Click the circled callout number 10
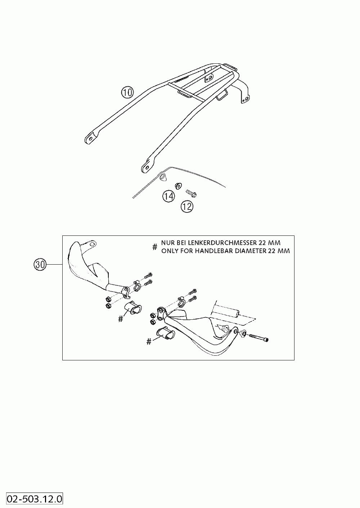pos(127,93)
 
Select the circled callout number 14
pos(168,196)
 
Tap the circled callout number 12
pos(187,206)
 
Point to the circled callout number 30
pos(40,265)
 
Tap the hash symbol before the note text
pos(155,247)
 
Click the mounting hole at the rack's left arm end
pos(90,138)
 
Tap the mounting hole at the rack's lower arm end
pos(145,167)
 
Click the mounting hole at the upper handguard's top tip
pos(92,244)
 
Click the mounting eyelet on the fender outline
pos(162,176)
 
